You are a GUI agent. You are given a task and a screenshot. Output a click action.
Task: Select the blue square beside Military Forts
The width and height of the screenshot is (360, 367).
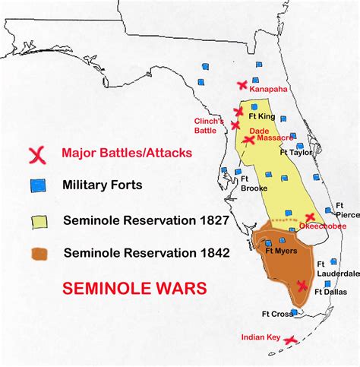(35, 184)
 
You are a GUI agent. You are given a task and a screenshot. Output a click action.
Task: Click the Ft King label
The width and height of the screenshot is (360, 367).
(263, 117)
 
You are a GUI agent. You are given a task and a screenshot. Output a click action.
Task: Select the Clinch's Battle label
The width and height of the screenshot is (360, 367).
(208, 125)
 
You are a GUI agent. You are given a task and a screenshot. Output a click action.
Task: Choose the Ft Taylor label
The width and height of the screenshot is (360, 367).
(296, 151)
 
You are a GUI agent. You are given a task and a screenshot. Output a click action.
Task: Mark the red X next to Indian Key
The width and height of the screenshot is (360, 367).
(289, 342)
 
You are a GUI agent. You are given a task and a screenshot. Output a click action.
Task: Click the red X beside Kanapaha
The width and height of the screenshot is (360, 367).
(242, 85)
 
